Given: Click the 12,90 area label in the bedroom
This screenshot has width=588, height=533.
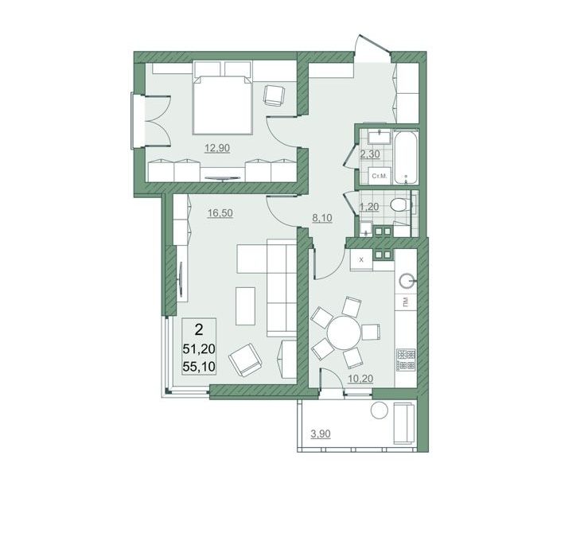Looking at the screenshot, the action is tap(217, 148).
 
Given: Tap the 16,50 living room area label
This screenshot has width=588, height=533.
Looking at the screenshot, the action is tap(220, 213).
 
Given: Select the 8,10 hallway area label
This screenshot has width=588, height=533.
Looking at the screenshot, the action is tap(322, 218).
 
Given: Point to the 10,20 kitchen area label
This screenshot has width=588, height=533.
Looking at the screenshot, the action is tap(360, 379).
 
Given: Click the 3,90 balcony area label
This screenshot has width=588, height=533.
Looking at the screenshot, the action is tap(321, 434).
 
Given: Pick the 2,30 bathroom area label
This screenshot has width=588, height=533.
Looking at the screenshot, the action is tap(370, 154).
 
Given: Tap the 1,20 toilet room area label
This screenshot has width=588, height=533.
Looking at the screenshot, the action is tap(369, 207).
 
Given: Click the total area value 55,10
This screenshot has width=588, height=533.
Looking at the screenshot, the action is tap(199, 366).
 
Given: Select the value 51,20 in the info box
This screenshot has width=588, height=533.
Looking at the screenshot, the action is tap(199, 349).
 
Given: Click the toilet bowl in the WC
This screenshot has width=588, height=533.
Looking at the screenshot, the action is tap(399, 205).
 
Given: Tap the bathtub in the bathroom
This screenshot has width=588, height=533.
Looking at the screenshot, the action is tap(405, 157).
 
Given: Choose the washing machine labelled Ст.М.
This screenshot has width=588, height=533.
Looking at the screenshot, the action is tap(379, 176).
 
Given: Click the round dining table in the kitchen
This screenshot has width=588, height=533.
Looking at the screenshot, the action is tap(345, 332).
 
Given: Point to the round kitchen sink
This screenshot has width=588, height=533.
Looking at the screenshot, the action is tap(407, 280).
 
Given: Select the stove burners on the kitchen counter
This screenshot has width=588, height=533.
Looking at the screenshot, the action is tap(406, 360).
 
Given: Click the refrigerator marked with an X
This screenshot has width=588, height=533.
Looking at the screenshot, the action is tap(361, 259).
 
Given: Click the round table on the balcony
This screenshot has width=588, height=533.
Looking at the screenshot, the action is tap(379, 410).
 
